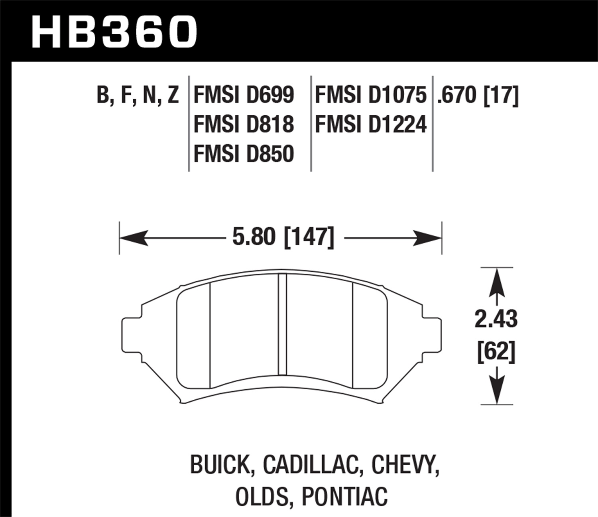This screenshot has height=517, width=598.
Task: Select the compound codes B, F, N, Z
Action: click(138, 95)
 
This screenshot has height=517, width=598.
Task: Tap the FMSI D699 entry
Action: click(244, 95)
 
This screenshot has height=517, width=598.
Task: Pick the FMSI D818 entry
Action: click(244, 124)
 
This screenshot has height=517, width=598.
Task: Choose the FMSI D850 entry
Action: click(244, 154)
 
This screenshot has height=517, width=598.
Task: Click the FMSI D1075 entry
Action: click(371, 95)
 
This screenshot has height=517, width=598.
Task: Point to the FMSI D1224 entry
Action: click(371, 124)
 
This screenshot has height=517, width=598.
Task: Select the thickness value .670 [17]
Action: click(478, 95)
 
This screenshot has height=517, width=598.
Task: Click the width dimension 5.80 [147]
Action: click(283, 238)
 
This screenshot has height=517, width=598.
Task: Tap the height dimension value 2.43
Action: click(496, 319)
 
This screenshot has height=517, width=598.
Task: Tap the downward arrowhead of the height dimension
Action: click(496, 391)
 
